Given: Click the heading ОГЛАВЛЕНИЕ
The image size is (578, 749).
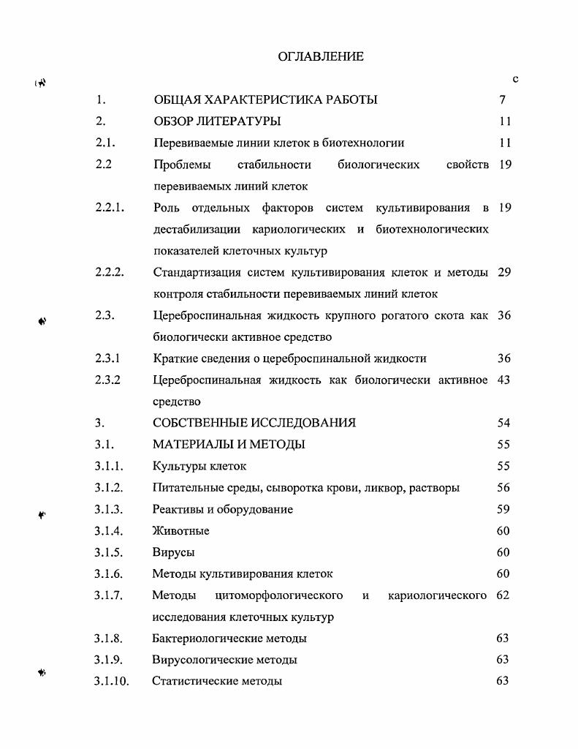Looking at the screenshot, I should coord(321,56).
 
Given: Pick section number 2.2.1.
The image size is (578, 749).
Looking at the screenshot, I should coord(110,208).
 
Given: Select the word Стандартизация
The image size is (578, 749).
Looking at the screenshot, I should coord(197,272).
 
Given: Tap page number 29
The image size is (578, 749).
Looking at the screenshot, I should coord(504,272).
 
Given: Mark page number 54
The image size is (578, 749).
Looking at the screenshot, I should coord(504,423).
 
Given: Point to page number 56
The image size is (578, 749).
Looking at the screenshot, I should coord(503,487).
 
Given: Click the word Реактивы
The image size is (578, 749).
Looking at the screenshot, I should coord(178,509).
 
